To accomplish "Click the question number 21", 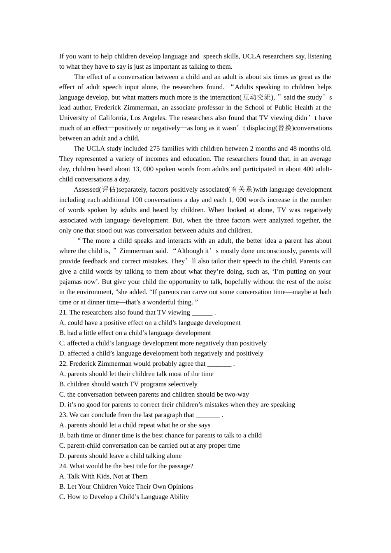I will (x=63, y=312).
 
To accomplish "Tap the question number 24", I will (x=63, y=466).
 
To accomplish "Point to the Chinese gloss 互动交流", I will (x=256, y=97).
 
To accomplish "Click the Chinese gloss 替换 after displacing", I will (x=284, y=128).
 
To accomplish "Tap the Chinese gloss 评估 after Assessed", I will (x=109, y=189).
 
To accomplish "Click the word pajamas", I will (x=72, y=282).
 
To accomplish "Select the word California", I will (x=110, y=118).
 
